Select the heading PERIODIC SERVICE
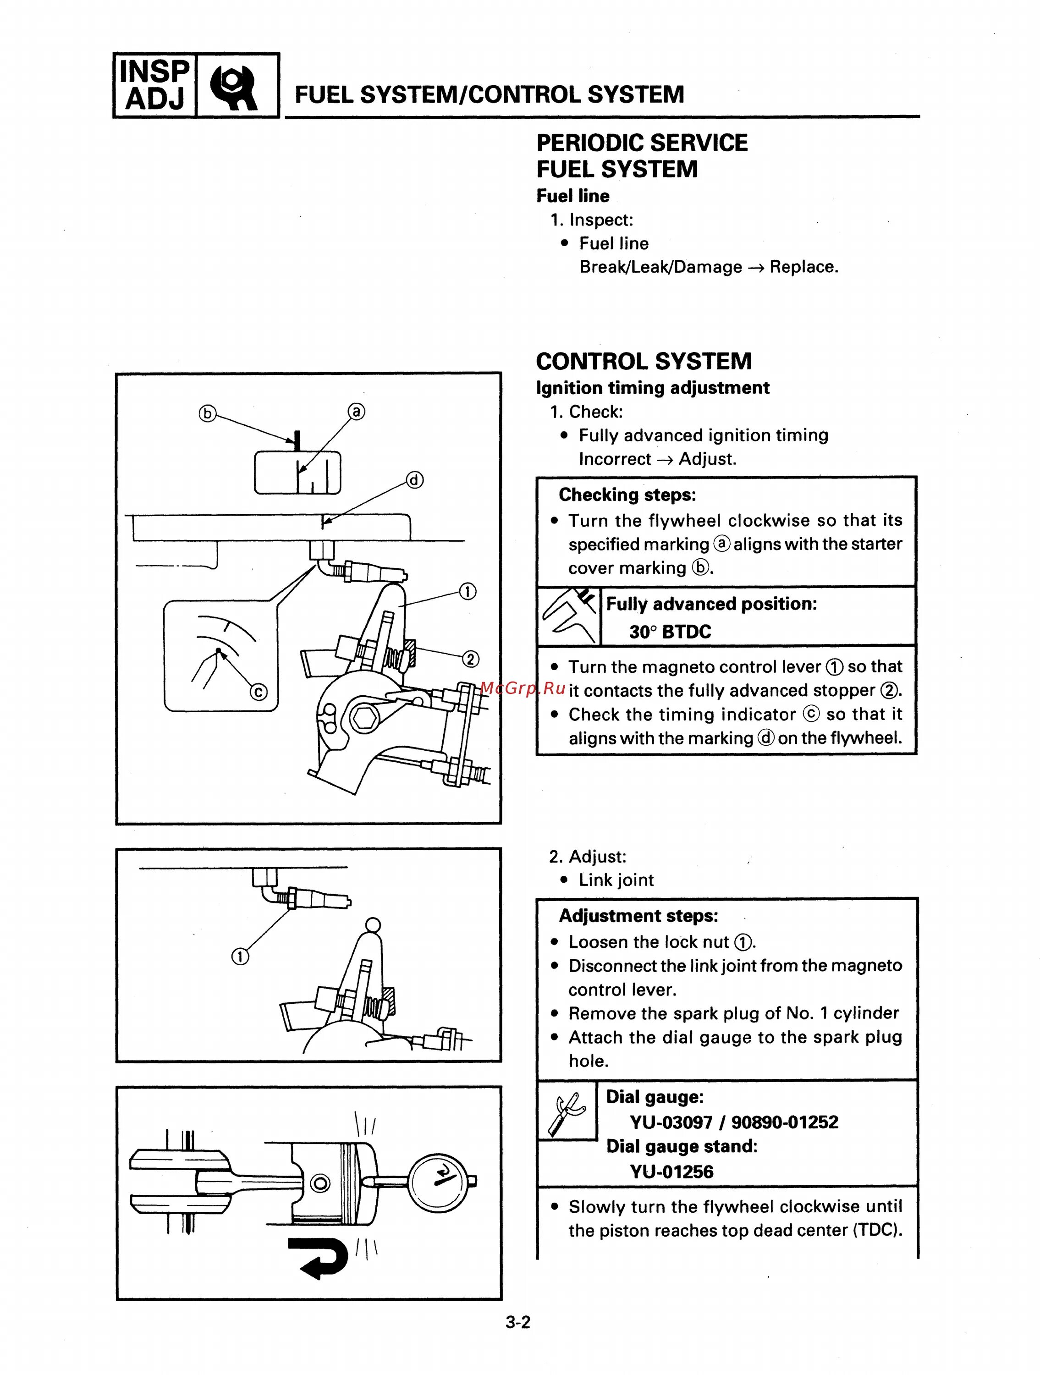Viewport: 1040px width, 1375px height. pyautogui.click(x=642, y=143)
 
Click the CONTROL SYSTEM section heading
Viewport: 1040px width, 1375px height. pyautogui.click(x=644, y=361)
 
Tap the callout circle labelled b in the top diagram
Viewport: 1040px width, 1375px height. pyautogui.click(x=207, y=413)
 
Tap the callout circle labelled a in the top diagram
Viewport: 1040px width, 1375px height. pyautogui.click(x=356, y=412)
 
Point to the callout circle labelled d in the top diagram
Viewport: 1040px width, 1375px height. pyautogui.click(x=415, y=480)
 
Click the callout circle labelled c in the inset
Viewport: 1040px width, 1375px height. pyautogui.click(x=259, y=692)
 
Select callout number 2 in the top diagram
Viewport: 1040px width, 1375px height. pyautogui.click(x=471, y=659)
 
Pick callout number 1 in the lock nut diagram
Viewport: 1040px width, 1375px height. pyautogui.click(x=240, y=956)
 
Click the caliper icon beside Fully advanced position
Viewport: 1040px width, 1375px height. pyautogui.click(x=569, y=616)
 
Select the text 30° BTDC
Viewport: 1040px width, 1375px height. pyautogui.click(x=670, y=632)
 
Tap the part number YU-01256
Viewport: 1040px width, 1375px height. pyautogui.click(x=671, y=1172)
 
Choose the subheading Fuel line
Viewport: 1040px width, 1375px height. pyautogui.click(x=572, y=196)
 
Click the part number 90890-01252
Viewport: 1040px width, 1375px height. pyautogui.click(x=785, y=1122)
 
